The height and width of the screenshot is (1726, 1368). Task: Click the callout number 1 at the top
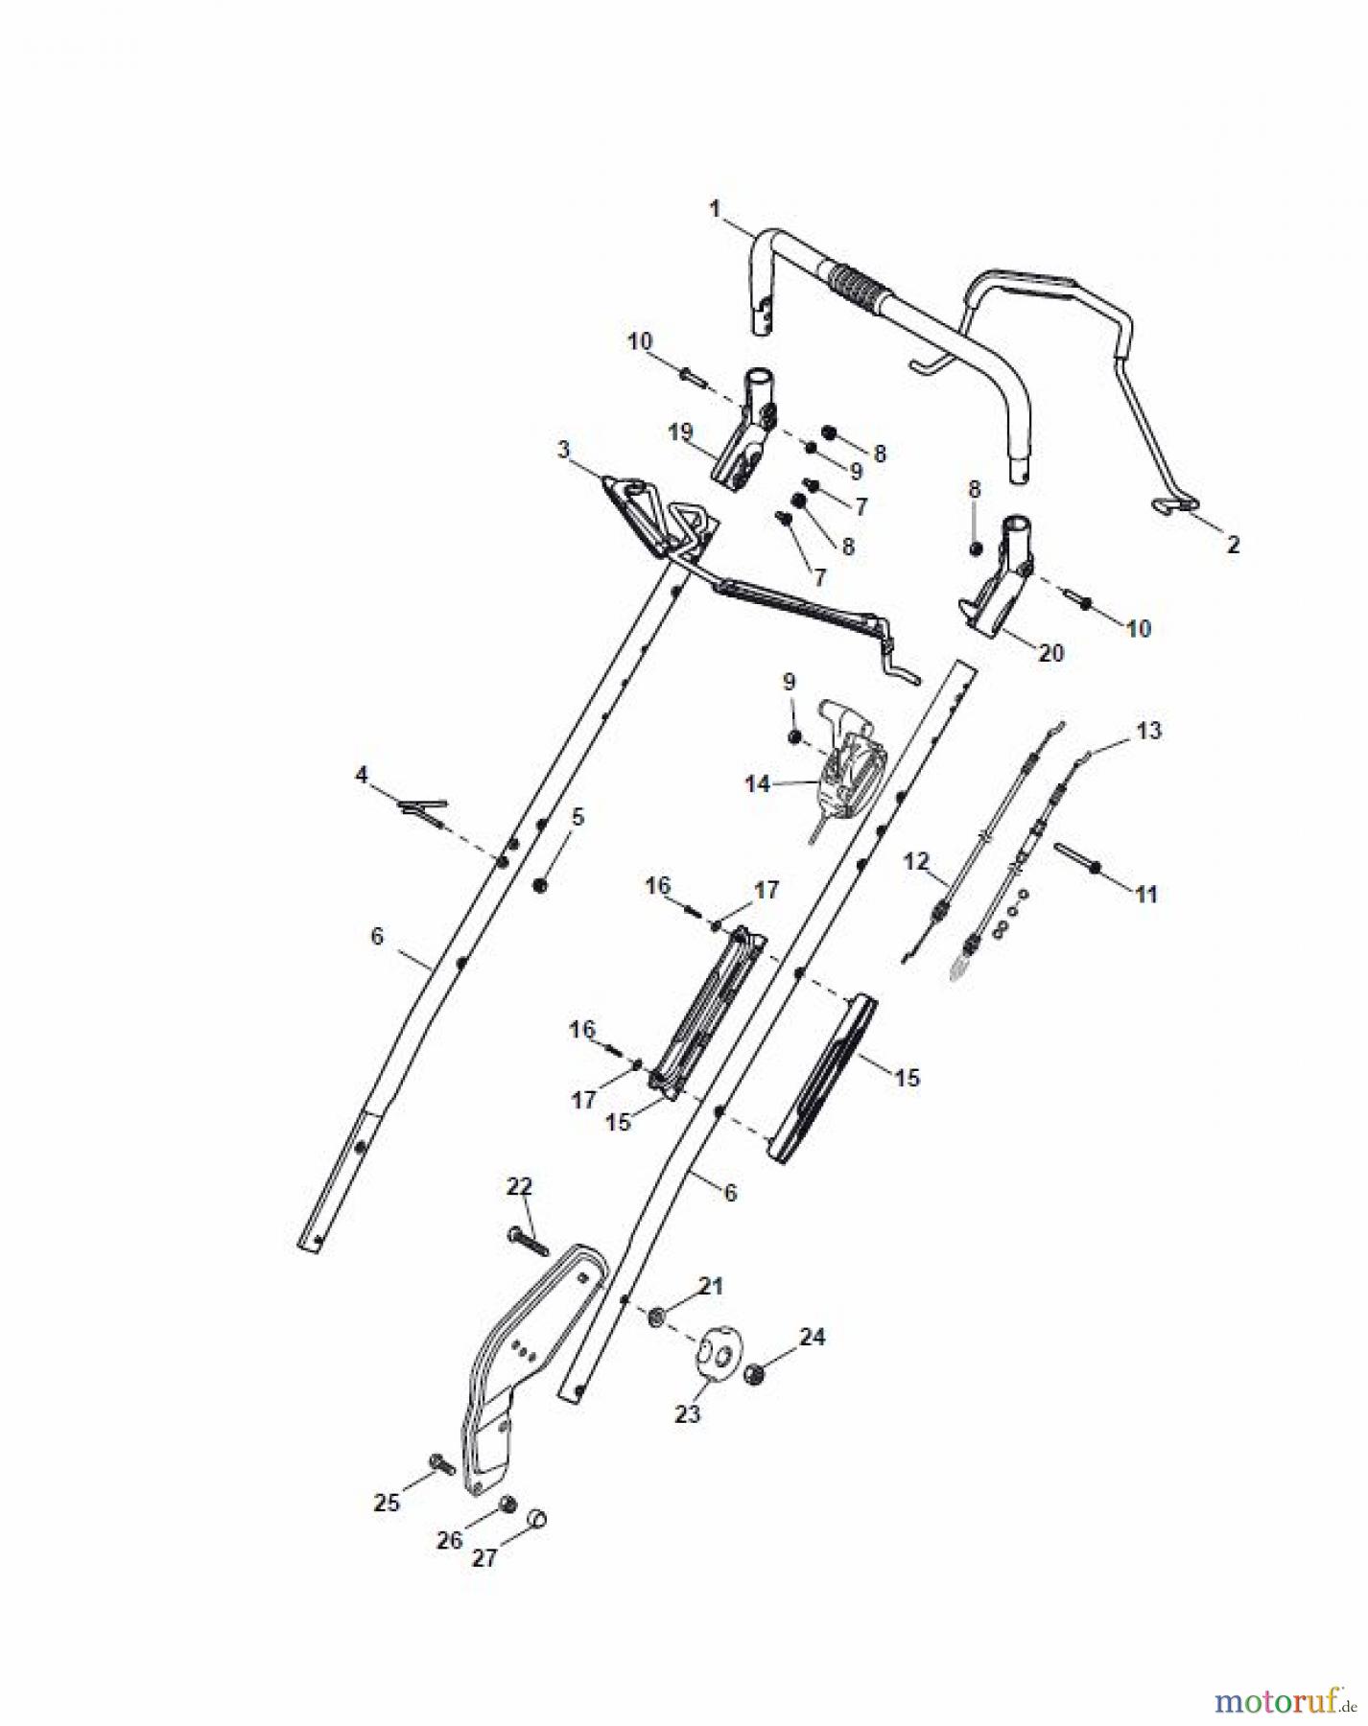click(715, 206)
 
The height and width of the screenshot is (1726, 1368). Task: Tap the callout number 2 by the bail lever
click(1234, 545)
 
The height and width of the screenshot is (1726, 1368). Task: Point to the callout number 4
click(362, 774)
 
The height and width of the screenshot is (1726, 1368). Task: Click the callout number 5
click(578, 817)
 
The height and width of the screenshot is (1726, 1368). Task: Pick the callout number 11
click(1146, 894)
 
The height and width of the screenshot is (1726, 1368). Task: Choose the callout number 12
click(916, 861)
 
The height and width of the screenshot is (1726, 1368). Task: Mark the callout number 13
click(1148, 731)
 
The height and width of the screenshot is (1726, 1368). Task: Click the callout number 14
click(758, 784)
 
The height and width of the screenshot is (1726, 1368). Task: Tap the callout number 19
click(680, 432)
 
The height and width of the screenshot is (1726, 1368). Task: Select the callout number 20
click(1051, 652)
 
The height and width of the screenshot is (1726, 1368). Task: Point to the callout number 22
click(519, 1186)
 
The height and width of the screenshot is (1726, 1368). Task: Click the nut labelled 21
click(658, 1317)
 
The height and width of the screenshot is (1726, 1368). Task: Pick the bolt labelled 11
click(1079, 856)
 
